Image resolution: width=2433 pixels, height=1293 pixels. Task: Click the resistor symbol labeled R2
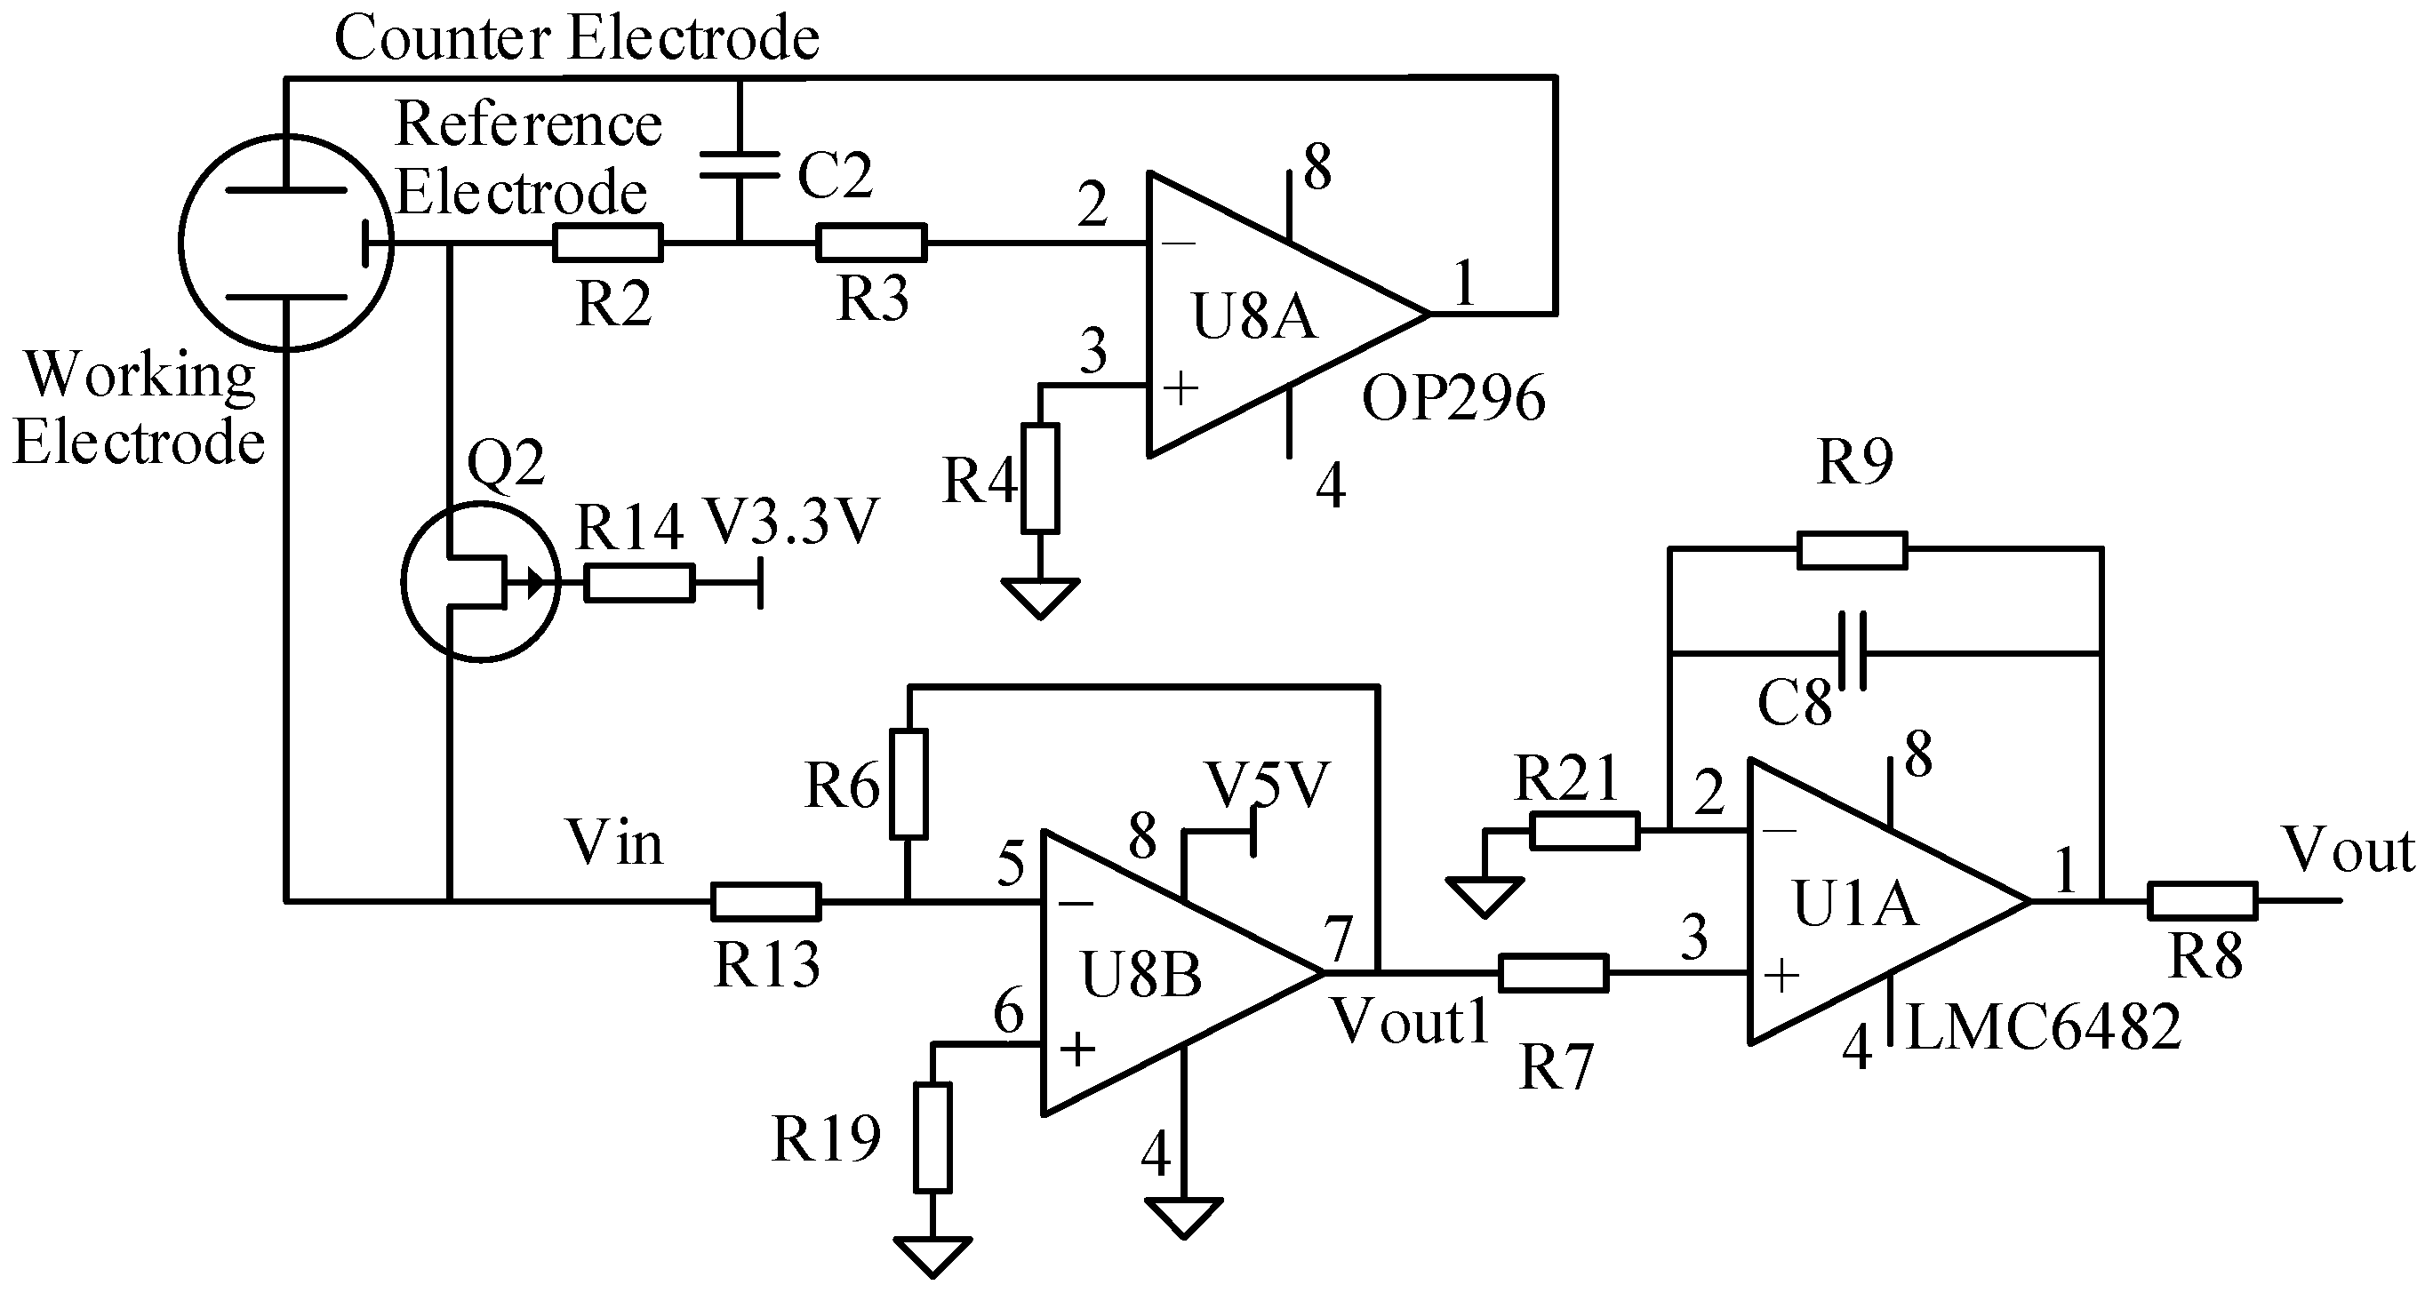tap(607, 243)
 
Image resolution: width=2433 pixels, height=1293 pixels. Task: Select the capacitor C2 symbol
tap(740, 164)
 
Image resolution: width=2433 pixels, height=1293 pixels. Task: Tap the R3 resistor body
tap(871, 243)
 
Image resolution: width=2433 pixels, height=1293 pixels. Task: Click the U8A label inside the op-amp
tap(1253, 316)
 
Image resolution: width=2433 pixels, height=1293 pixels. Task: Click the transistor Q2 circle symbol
tap(480, 582)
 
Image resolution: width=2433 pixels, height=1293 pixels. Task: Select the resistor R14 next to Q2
tap(639, 583)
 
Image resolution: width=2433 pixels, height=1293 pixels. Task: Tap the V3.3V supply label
tap(791, 522)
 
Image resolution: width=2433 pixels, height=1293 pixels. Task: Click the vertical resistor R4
tap(1040, 478)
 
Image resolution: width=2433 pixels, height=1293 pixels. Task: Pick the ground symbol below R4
tap(1040, 598)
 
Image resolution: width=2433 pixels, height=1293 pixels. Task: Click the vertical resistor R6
tap(908, 783)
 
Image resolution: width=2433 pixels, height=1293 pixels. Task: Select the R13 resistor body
tap(765, 902)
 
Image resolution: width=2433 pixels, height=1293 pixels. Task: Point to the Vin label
tap(614, 842)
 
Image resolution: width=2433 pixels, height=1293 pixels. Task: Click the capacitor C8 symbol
tap(1851, 651)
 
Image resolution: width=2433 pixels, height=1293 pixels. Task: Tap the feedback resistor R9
tap(1851, 550)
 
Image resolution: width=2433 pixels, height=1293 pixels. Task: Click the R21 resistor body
tap(1584, 831)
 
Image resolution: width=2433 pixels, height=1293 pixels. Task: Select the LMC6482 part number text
tap(2044, 1027)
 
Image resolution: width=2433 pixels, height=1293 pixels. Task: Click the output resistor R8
tap(2202, 901)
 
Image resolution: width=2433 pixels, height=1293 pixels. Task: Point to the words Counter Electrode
tap(576, 38)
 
